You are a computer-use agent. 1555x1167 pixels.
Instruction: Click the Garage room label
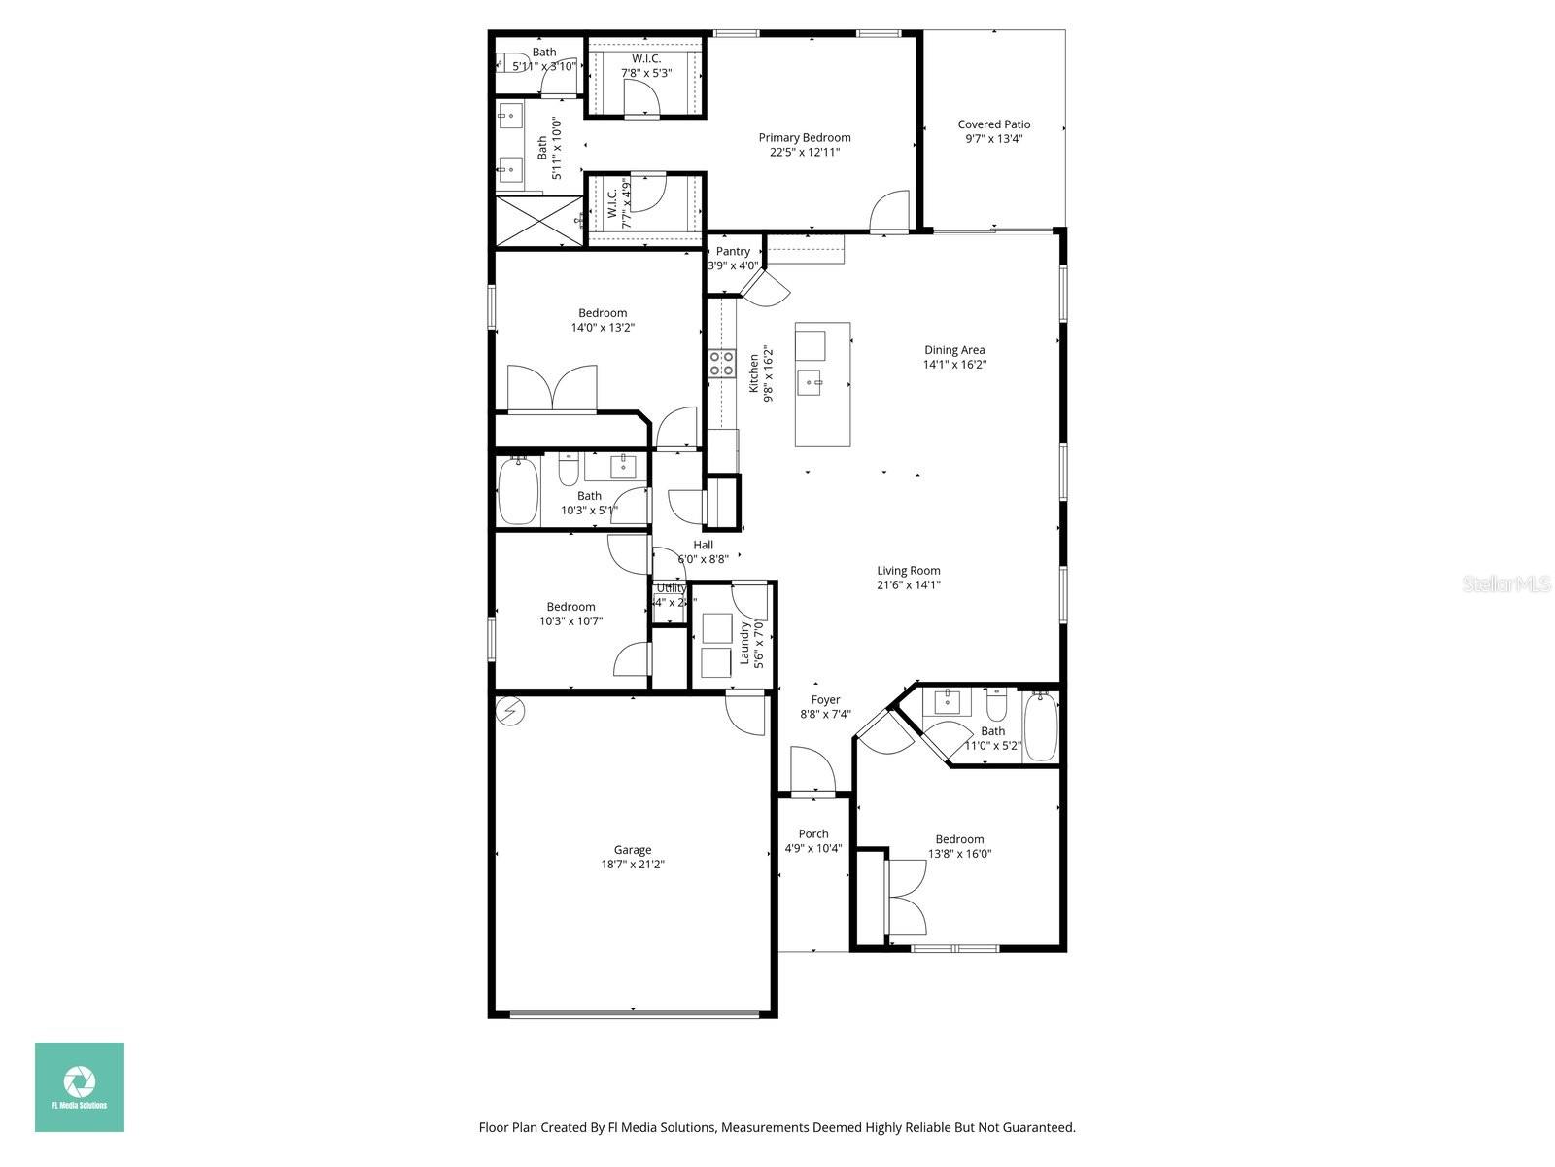coord(632,849)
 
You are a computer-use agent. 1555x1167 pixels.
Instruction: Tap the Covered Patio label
coord(993,124)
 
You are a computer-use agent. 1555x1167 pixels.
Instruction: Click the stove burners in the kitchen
coord(721,364)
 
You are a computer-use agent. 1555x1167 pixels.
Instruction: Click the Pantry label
coord(733,251)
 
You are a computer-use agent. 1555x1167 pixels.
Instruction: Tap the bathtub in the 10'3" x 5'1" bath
coord(518,491)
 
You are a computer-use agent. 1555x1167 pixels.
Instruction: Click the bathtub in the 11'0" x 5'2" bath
coord(1041,727)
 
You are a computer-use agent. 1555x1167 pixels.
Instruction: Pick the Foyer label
coord(825,699)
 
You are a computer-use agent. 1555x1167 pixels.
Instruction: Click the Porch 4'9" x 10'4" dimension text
coord(812,848)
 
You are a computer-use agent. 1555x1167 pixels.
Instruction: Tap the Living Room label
coord(908,571)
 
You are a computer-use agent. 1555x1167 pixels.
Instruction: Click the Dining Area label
coord(953,350)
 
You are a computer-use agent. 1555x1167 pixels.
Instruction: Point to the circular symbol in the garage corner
coord(509,712)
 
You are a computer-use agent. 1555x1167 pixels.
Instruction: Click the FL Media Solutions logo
coord(80,1087)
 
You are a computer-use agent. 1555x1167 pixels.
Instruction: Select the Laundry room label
coord(745,643)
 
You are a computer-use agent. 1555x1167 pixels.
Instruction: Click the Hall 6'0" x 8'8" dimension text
coord(702,559)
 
